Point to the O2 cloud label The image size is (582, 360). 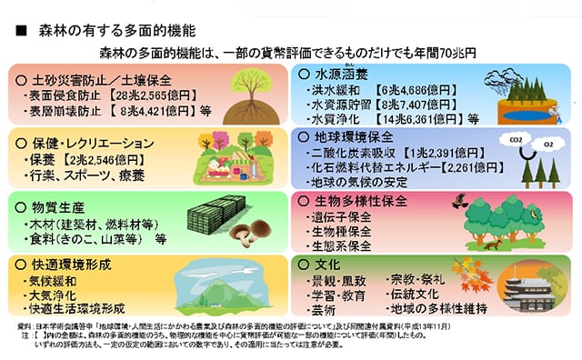[548, 145]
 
